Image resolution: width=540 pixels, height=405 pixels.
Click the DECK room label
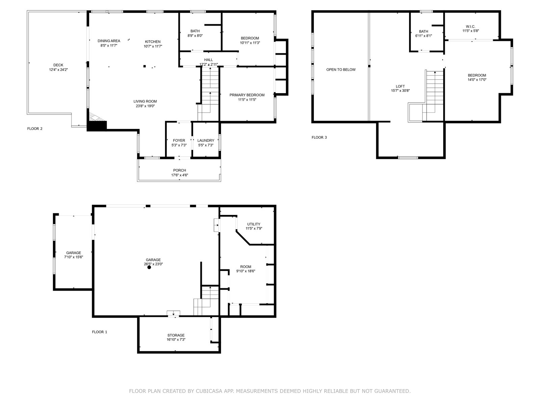pos(58,65)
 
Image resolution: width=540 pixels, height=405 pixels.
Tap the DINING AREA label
pos(109,41)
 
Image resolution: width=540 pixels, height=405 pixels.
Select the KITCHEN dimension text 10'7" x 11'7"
pos(153,46)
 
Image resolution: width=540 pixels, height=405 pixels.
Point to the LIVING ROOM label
pos(145,101)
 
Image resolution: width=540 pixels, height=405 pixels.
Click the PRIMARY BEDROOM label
pos(247,95)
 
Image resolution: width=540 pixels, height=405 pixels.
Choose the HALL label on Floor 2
pos(208,60)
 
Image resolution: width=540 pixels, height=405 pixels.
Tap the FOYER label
pos(179,140)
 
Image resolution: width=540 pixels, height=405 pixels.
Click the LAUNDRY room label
pos(206,140)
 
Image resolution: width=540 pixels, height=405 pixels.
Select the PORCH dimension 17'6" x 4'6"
pos(180,175)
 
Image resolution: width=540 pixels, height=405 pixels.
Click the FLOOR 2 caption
pos(35,129)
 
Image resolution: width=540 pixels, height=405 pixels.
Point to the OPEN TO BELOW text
pos(341,70)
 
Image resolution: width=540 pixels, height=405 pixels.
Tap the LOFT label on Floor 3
pos(400,86)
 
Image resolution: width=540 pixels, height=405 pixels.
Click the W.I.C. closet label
pos(470,27)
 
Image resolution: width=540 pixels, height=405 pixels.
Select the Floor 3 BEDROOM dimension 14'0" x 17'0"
pos(477,80)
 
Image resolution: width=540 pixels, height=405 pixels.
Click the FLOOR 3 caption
pos(319,137)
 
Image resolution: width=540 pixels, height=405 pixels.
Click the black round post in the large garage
pos(149,267)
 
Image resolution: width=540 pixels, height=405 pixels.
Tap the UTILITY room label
pos(254,224)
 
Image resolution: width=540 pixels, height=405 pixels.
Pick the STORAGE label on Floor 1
pos(176,335)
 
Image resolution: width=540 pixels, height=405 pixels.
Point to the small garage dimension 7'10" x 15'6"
pos(74,257)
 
